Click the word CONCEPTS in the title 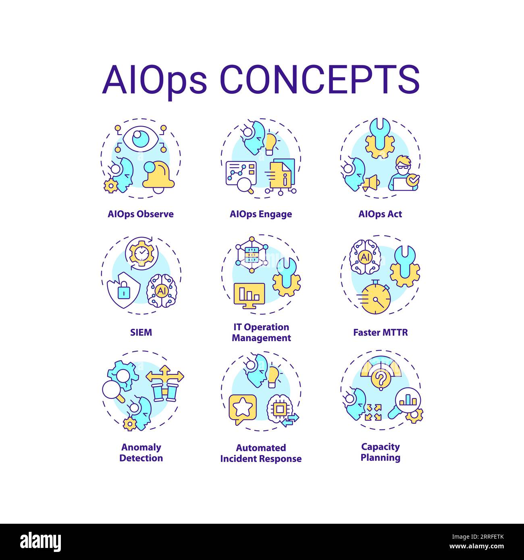point(320,79)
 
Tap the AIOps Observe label point(141,214)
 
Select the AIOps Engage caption point(261,214)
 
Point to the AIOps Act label point(380,214)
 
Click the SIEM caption point(141,332)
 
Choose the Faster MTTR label point(381,332)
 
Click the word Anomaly point(141,447)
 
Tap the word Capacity point(381,447)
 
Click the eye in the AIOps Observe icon point(141,139)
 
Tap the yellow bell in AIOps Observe point(158,176)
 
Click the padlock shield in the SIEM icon point(123,290)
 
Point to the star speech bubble point(242,409)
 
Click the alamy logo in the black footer point(41,542)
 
